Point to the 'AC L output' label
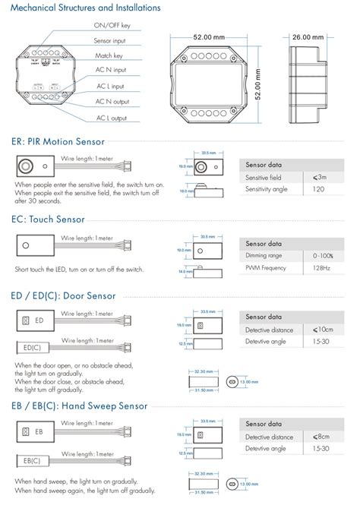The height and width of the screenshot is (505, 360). pyautogui.click(x=110, y=118)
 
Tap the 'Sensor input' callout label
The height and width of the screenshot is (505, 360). pyautogui.click(x=110, y=39)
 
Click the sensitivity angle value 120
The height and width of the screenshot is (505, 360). pyautogui.click(x=320, y=189)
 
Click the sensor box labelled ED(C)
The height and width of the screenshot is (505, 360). pyautogui.click(x=33, y=347)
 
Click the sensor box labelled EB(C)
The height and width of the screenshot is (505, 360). pyautogui.click(x=33, y=461)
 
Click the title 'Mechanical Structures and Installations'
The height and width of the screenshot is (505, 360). pyautogui.click(x=85, y=8)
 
